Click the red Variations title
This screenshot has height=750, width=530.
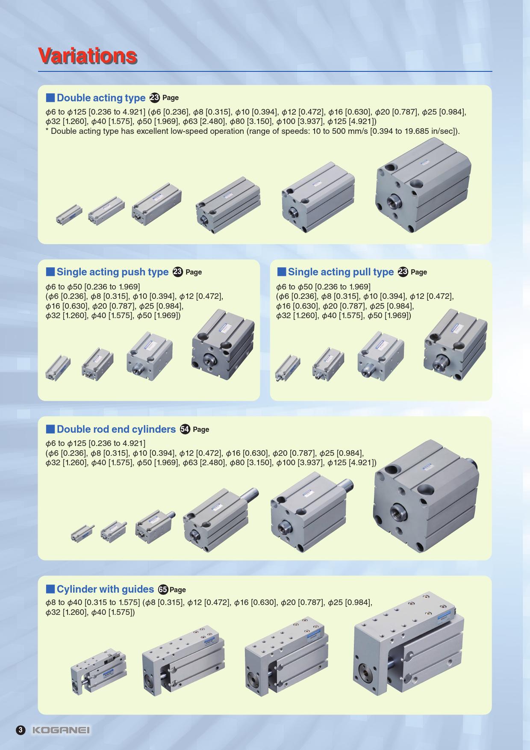(88, 56)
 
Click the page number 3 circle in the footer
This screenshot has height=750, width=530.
(21, 730)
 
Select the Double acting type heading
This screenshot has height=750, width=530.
(101, 98)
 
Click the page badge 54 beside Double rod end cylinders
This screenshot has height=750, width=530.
(185, 429)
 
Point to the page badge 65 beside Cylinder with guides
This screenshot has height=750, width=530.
(163, 590)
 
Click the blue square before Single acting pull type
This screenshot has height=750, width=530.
(281, 272)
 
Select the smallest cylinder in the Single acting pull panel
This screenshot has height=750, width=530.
(287, 367)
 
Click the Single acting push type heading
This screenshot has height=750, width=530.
(113, 272)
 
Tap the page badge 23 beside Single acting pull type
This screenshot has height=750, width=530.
(403, 272)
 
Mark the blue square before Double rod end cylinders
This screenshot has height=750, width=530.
(50, 429)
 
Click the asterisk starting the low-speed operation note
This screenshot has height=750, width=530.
(47, 130)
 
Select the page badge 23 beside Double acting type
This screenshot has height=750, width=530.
(155, 98)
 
